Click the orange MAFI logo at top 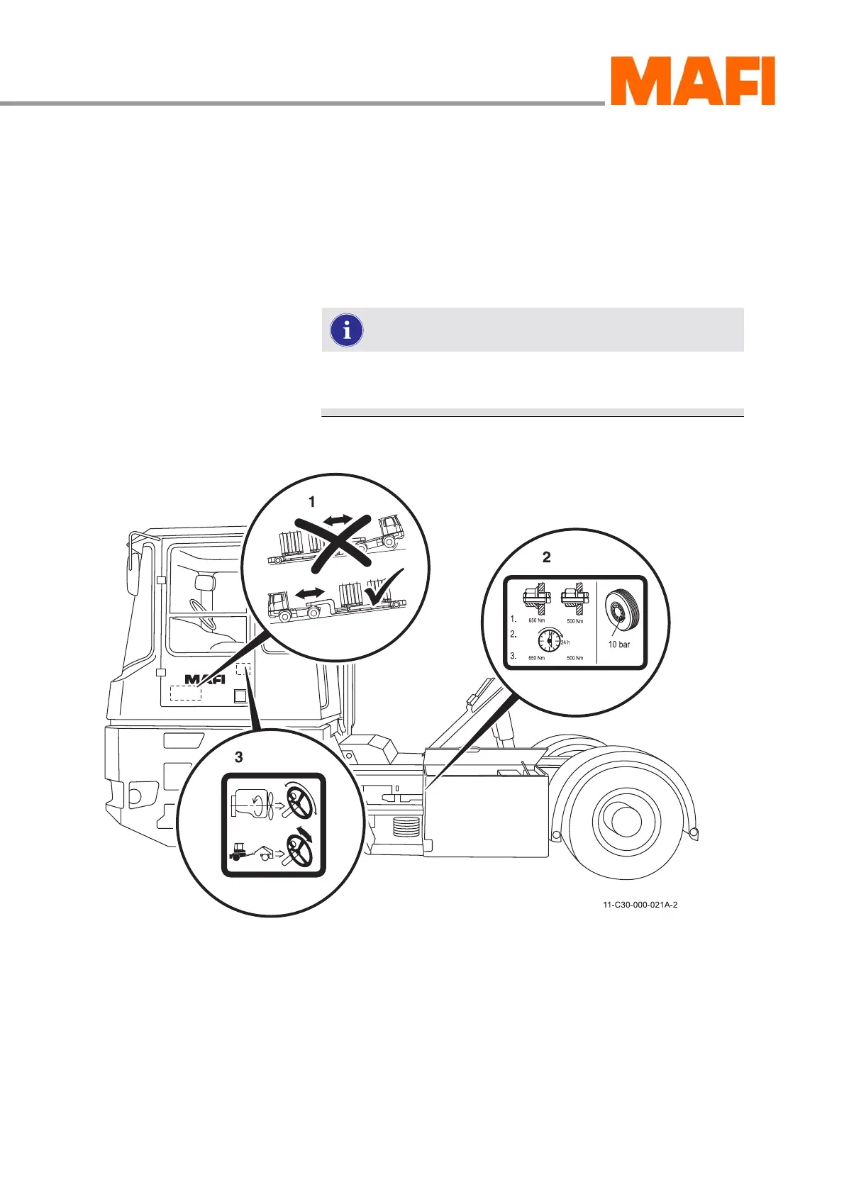click(x=692, y=82)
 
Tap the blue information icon click(x=347, y=330)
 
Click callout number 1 click(x=311, y=502)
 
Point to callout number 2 click(x=546, y=557)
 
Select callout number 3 click(x=238, y=757)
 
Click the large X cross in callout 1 click(x=334, y=543)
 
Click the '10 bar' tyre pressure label click(x=618, y=645)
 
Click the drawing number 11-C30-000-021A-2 click(x=640, y=905)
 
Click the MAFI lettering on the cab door click(x=204, y=679)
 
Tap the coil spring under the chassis click(x=401, y=825)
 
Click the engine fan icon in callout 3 click(x=258, y=804)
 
